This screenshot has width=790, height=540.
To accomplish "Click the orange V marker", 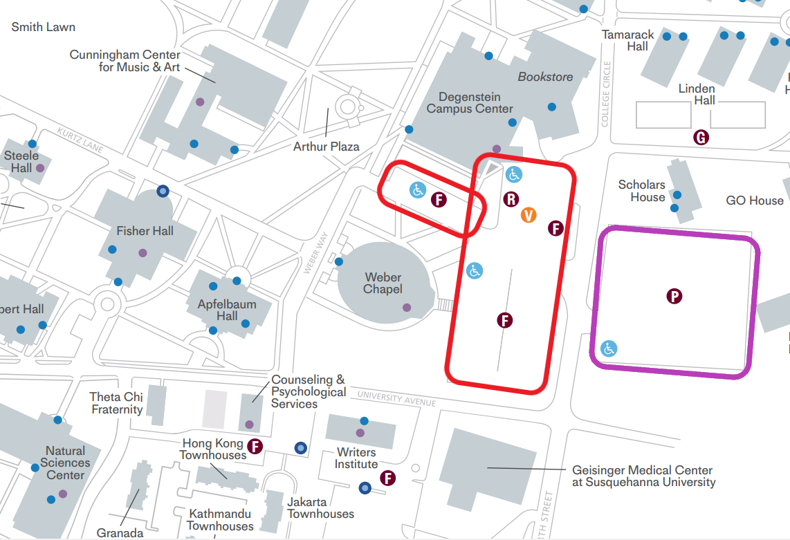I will click(529, 215).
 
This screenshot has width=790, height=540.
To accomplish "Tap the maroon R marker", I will click(511, 200).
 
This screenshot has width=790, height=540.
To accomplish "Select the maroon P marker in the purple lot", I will click(674, 297).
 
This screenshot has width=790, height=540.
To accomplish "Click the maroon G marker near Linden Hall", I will click(701, 137).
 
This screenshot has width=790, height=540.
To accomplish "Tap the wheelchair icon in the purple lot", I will click(609, 348).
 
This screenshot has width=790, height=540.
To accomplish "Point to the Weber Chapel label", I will click(383, 283).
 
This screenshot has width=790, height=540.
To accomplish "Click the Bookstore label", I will click(545, 77).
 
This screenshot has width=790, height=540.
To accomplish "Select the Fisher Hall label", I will click(145, 231).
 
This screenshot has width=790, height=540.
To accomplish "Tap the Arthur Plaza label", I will click(327, 147).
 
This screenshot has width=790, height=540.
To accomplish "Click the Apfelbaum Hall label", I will click(227, 310).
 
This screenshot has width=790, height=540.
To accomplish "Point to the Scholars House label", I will click(641, 191).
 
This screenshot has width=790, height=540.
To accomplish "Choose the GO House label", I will click(755, 201).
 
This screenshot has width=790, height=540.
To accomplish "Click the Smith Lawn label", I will click(44, 27).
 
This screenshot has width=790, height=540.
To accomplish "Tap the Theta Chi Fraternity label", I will click(116, 403).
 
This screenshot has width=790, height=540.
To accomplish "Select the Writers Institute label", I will click(356, 458).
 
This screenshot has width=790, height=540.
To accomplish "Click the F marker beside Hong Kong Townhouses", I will click(255, 446).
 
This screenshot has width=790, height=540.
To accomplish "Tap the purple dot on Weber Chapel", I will click(407, 307).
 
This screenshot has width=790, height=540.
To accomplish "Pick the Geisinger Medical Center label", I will click(643, 476).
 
